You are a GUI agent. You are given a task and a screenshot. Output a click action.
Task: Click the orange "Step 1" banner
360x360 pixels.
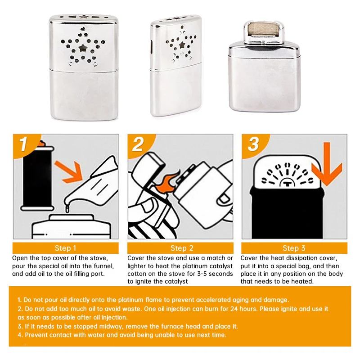[65, 248]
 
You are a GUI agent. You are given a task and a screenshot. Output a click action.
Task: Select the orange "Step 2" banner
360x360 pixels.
[180, 248]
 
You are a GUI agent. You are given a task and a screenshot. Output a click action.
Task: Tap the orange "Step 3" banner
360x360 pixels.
[294, 248]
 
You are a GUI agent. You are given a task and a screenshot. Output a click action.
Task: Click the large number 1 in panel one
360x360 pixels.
[23, 144]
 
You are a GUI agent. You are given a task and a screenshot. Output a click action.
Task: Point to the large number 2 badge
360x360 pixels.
[138, 144]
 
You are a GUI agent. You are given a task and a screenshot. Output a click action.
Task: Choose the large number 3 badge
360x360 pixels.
[253, 144]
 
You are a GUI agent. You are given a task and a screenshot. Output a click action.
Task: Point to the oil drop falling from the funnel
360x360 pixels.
[67, 209]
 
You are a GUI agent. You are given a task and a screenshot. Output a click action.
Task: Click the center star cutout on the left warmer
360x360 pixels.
[83, 48]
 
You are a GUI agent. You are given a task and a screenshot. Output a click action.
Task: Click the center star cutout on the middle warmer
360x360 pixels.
[182, 45]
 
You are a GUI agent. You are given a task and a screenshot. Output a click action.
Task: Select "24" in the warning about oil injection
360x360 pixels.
[234, 309]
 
